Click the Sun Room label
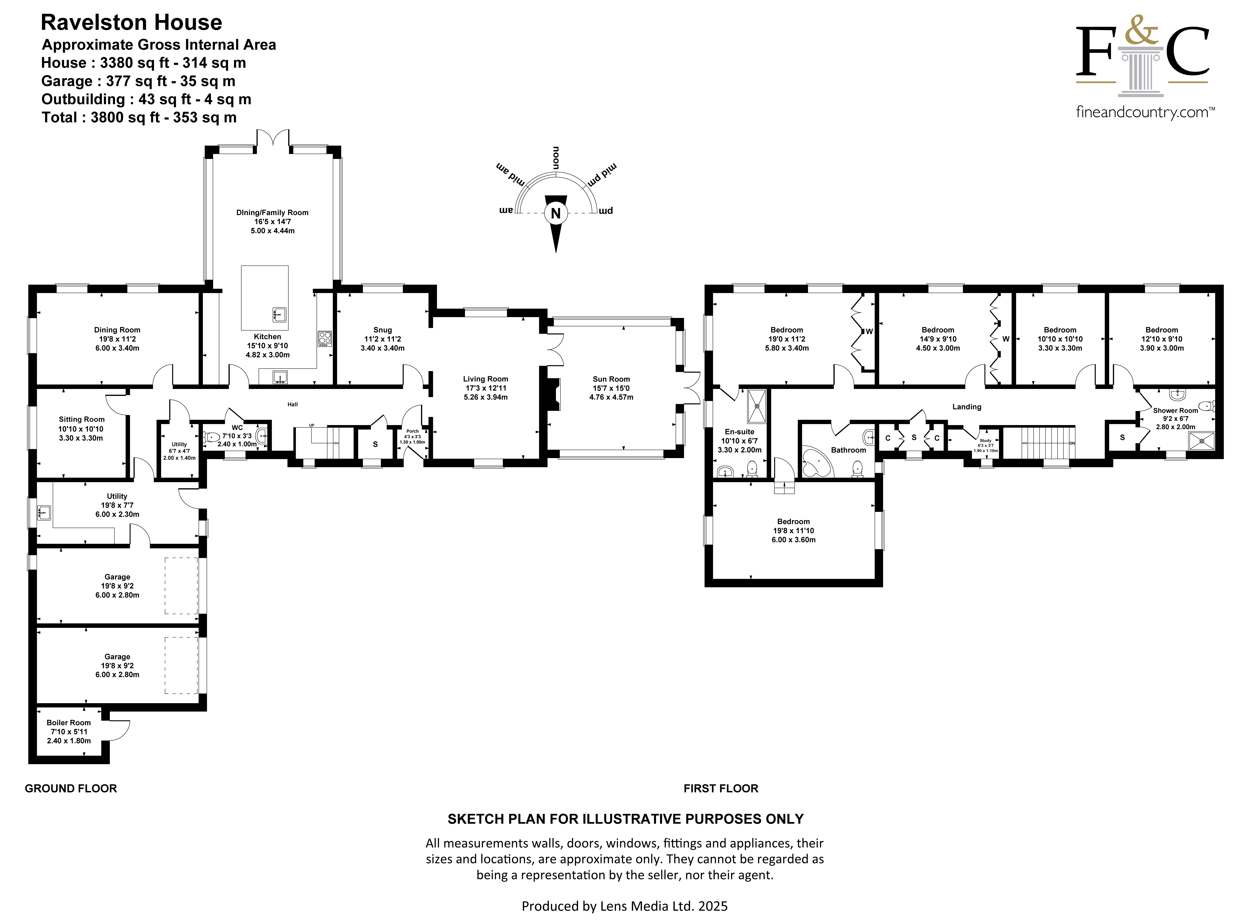point(611,379)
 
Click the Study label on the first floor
point(985,441)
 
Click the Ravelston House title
point(132,22)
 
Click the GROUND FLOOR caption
point(71,789)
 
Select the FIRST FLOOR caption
point(721,789)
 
